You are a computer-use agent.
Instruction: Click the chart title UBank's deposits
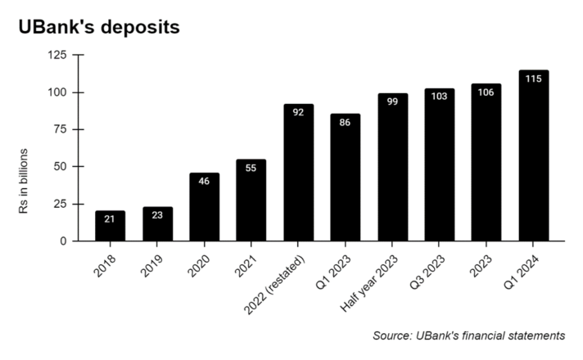click(98, 26)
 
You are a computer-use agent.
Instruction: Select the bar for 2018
click(111, 227)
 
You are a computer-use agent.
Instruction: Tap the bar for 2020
click(205, 209)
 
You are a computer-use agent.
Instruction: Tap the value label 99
click(393, 101)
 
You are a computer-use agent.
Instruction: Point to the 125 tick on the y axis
click(57, 55)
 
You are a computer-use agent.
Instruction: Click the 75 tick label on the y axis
click(61, 129)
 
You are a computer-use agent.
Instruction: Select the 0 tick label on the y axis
click(64, 241)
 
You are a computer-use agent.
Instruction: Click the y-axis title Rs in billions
click(25, 182)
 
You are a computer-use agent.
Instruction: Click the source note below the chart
click(468, 335)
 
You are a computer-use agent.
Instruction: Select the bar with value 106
click(486, 163)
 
